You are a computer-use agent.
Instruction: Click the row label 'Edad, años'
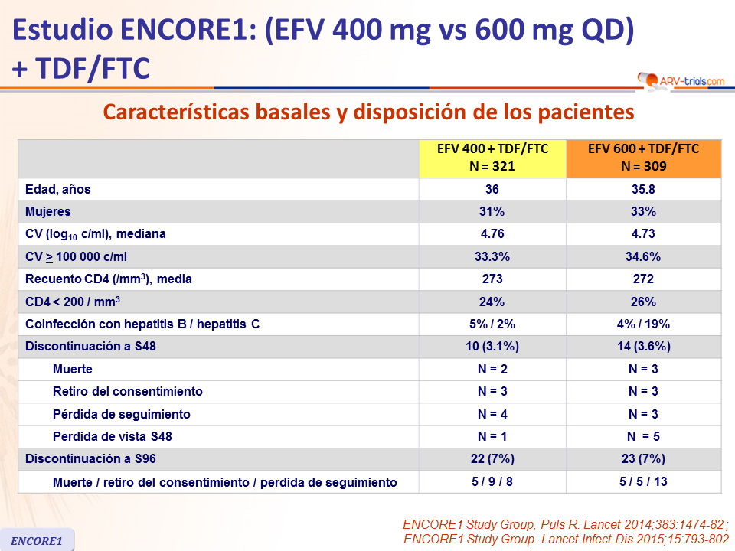[58, 189]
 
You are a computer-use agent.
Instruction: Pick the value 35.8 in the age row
[643, 189]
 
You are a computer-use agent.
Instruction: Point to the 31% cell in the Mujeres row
[492, 211]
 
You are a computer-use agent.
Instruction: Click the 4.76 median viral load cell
[492, 233]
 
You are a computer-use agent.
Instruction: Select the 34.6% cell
[643, 256]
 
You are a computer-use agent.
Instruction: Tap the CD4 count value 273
[492, 279]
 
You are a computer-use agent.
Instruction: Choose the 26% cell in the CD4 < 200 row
[643, 302]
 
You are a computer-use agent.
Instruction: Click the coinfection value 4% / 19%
[643, 324]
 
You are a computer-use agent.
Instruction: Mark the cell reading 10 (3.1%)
[492, 346]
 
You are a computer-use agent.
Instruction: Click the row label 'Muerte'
[73, 369]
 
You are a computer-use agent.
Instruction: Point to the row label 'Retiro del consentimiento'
[128, 391]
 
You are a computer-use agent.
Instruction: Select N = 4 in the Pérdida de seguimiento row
[492, 414]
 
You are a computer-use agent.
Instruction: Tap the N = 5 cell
[643, 436]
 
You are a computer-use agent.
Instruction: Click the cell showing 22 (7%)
[492, 459]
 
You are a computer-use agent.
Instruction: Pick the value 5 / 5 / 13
[643, 482]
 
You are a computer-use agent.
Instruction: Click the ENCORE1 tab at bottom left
[38, 540]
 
